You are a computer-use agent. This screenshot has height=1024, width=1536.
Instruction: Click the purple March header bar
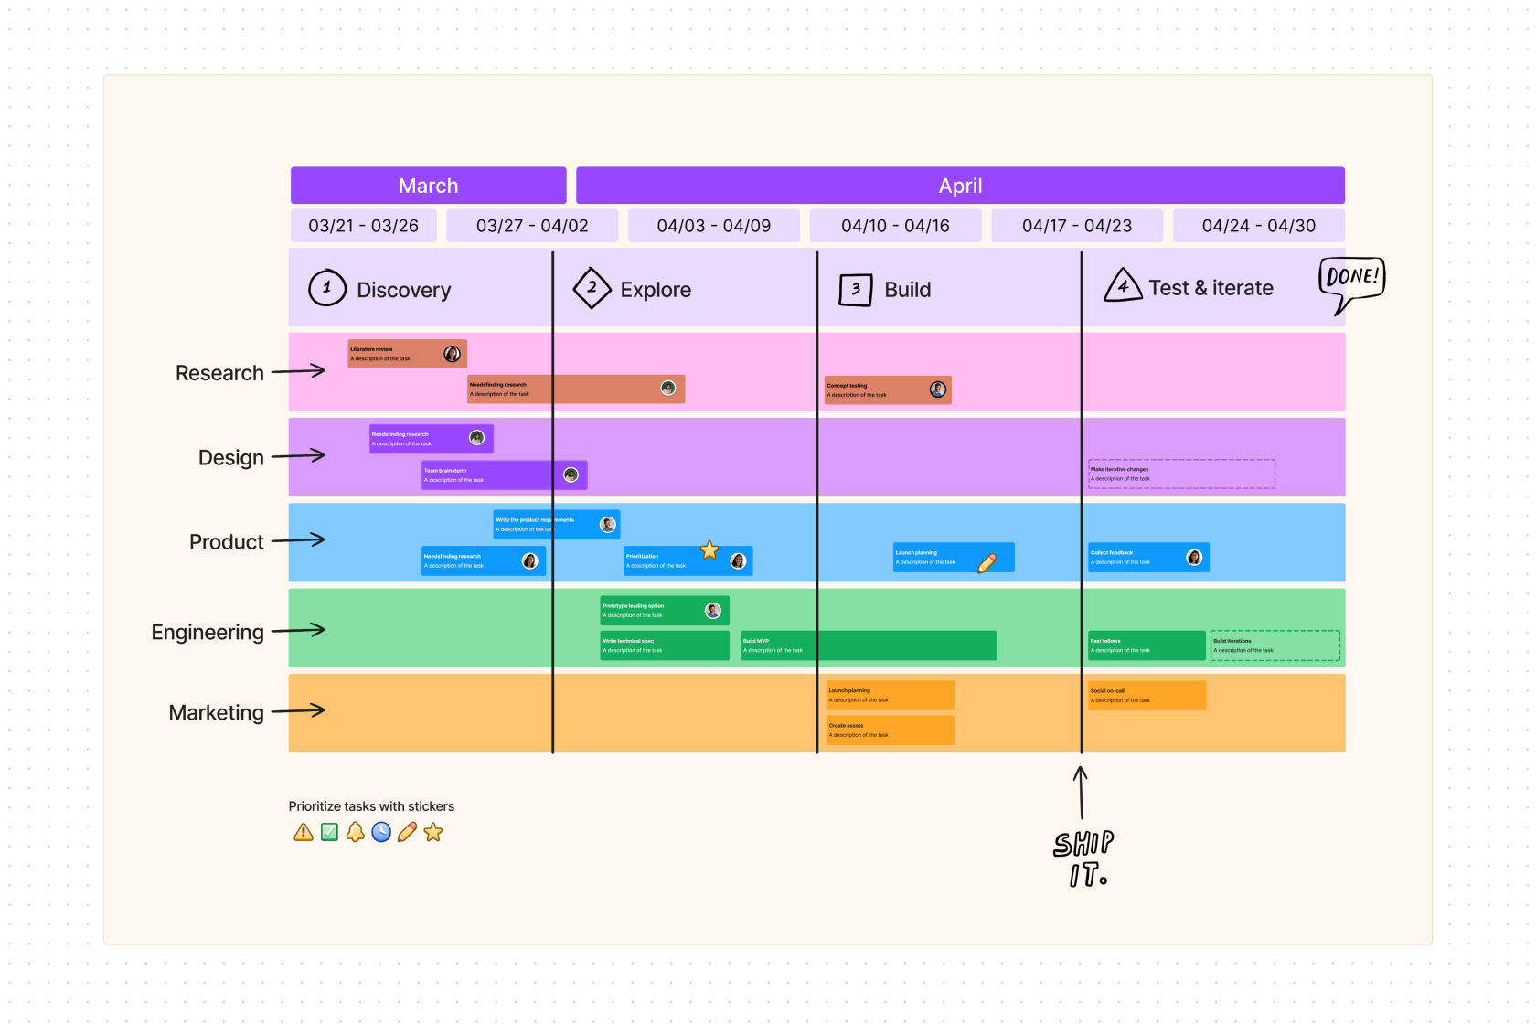pos(428,186)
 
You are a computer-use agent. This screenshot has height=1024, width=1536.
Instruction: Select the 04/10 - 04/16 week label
pos(895,226)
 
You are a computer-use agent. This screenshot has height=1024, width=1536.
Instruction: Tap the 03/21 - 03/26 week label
pos(363,226)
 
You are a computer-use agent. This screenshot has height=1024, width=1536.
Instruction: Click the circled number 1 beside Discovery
pos(326,287)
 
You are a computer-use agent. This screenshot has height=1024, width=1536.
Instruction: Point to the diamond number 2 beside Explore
pos(592,287)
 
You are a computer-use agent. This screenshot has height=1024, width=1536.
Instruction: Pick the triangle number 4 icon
pos(1123,286)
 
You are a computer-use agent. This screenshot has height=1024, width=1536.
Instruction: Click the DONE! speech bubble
pos(1351,279)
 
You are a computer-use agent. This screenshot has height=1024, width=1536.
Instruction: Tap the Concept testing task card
pos(878,390)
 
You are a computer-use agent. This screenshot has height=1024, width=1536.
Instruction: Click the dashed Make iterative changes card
pos(1180,474)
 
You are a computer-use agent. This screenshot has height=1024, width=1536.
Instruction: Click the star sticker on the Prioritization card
pos(709,550)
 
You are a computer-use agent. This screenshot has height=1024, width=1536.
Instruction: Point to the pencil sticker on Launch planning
pos(987,563)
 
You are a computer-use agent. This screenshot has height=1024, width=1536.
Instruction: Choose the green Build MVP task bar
pos(868,645)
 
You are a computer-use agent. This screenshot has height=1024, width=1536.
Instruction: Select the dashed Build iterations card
pos(1275,645)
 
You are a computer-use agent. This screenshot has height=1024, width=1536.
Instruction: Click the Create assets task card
pos(890,731)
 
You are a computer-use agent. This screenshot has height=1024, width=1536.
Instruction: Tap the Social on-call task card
pos(1147,696)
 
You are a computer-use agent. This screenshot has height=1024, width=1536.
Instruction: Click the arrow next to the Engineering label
pos(298,630)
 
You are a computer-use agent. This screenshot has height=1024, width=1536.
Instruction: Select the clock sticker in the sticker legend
pos(381,832)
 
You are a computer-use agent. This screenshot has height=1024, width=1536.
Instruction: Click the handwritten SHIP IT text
pos(1084,858)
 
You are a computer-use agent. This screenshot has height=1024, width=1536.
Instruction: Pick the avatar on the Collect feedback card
pos(1194,558)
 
